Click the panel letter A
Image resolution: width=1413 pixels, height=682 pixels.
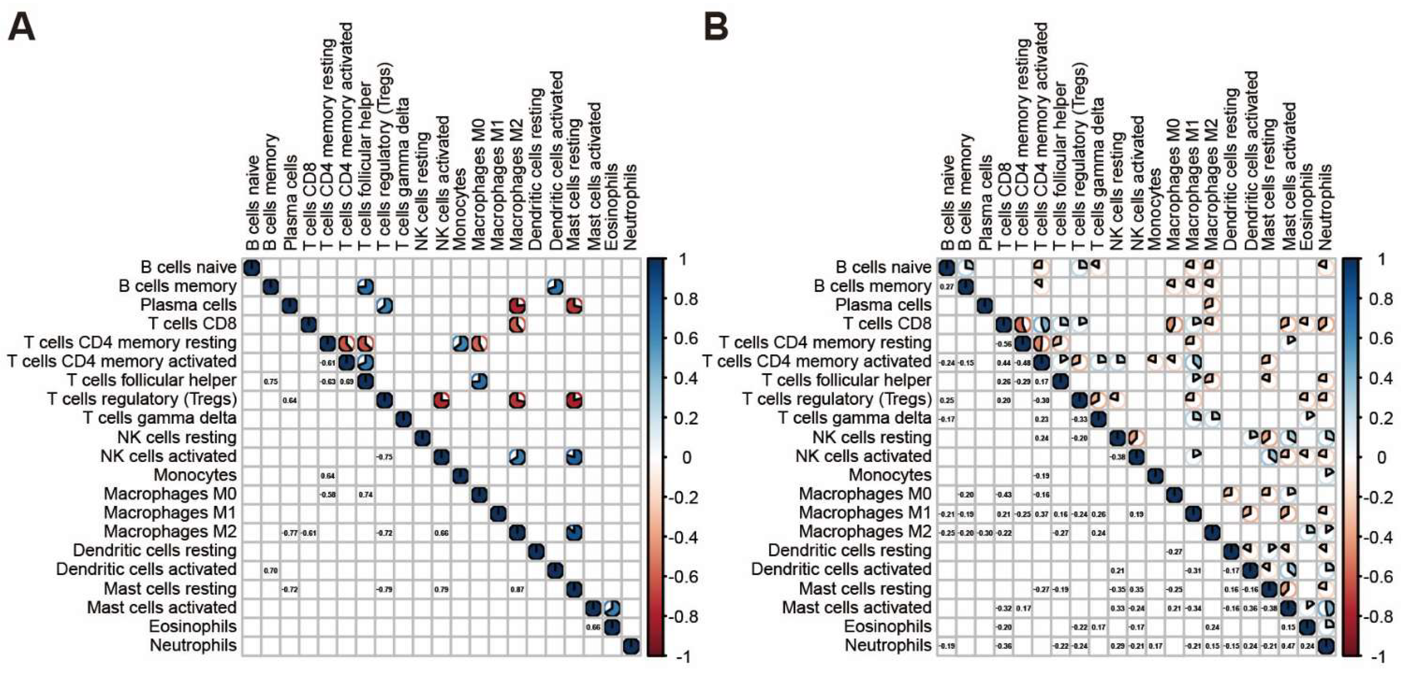coord(22,27)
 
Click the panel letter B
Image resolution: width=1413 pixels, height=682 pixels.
coord(716,27)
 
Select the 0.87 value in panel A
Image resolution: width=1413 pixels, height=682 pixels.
coord(517,590)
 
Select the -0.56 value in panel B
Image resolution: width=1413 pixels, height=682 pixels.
coord(1003,344)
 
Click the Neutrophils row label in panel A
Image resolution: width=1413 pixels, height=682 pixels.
coord(193,646)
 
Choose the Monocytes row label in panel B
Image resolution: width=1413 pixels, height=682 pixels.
coord(890,475)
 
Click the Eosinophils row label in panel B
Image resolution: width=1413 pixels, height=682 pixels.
coord(888,626)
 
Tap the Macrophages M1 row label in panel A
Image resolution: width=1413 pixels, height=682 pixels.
coord(170,513)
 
